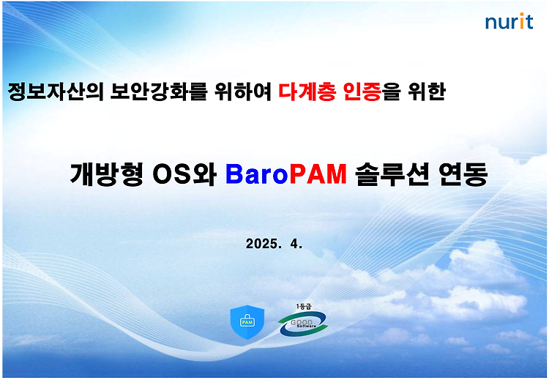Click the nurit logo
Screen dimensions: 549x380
tap(509, 21)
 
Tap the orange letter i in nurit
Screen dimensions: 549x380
tap(521, 21)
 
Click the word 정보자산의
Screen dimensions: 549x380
tap(56, 92)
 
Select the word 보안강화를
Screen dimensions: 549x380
tap(159, 92)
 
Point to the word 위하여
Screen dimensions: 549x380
tap(242, 92)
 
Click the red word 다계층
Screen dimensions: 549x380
tap(307, 92)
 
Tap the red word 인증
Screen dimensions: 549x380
tap(362, 92)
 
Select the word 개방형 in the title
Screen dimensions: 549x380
tap(106, 174)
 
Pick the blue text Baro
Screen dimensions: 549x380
tap(257, 174)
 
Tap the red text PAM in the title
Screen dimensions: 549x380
tap(318, 174)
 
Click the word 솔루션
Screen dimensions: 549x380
tap(392, 174)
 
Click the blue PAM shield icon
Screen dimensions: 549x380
tap(247, 322)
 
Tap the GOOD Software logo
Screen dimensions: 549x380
tap(303, 324)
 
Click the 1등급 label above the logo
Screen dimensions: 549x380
tap(304, 307)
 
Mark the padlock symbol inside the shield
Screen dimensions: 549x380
tap(247, 321)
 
